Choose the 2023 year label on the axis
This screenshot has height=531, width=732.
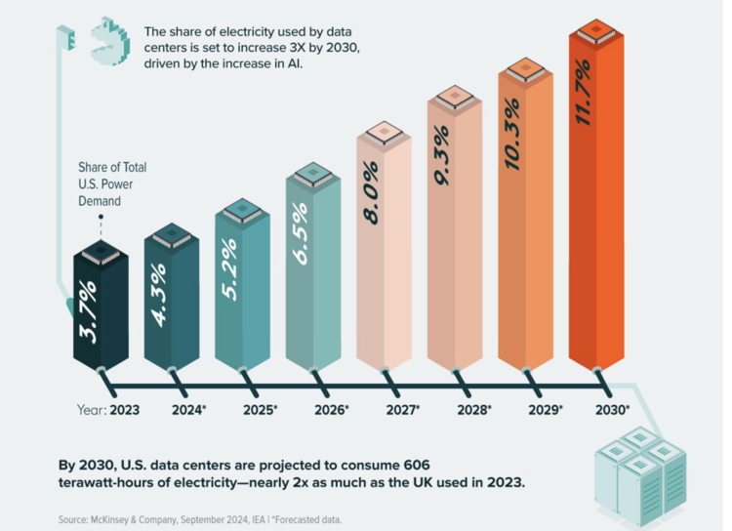(124, 410)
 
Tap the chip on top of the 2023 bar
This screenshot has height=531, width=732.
(102, 252)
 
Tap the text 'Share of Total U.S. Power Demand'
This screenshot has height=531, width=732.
(113, 184)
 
